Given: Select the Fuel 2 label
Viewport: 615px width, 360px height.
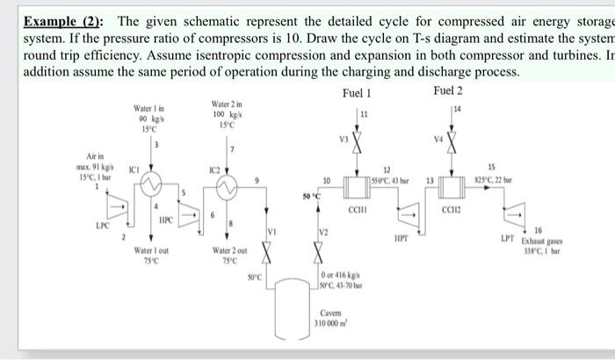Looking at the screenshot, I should pyautogui.click(x=448, y=92).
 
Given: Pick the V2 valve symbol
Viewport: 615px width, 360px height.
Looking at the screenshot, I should pyautogui.click(x=321, y=253).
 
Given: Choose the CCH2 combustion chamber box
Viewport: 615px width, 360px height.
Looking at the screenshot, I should pyautogui.click(x=452, y=185).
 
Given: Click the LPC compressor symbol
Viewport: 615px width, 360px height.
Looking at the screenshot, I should pyautogui.click(x=115, y=206).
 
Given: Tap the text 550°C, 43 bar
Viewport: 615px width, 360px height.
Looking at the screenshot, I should pyautogui.click(x=384, y=176).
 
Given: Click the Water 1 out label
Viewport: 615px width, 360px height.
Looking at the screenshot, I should pyautogui.click(x=145, y=253).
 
